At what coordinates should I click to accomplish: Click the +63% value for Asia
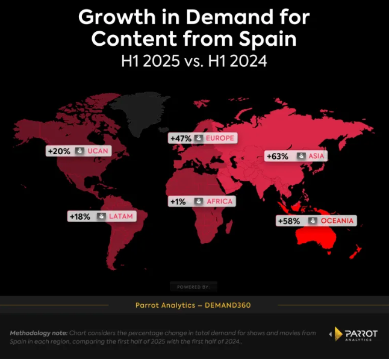tap(278, 157)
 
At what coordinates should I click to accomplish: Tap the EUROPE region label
tap(220, 138)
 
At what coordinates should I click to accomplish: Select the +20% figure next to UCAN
tap(59, 151)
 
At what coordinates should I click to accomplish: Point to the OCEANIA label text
tap(337, 220)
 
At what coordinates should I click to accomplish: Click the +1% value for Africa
tap(178, 202)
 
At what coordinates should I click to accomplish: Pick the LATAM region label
tap(121, 216)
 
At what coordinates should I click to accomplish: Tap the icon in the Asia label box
tap(301, 156)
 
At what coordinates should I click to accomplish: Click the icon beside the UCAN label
tap(79, 151)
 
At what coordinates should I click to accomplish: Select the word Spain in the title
tap(268, 39)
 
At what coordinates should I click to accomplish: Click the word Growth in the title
tap(117, 17)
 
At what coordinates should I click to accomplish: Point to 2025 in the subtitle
tap(161, 61)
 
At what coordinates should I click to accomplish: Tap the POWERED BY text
tap(193, 287)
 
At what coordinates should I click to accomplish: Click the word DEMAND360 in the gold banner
tap(228, 305)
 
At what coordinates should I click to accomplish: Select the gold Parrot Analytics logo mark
tap(338, 334)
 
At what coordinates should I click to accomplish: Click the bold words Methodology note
tap(39, 333)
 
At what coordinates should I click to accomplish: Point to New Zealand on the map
tap(355, 252)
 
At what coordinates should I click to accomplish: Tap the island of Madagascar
tap(229, 227)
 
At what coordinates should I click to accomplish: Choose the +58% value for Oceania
tap(289, 221)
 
